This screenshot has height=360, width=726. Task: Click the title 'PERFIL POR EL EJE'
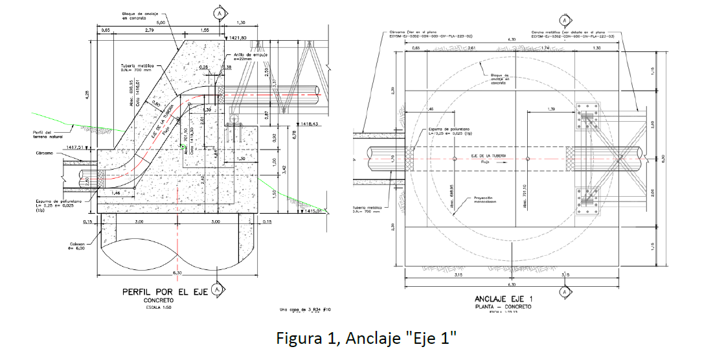click(164, 293)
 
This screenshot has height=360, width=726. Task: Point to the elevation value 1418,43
click(315, 124)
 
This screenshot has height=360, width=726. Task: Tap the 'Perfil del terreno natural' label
click(46, 135)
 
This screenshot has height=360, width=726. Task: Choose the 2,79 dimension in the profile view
click(150, 30)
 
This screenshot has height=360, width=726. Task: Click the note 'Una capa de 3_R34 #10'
click(306, 310)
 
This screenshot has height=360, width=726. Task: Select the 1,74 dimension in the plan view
click(546, 49)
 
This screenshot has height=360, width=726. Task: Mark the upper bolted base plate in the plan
click(588, 117)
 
